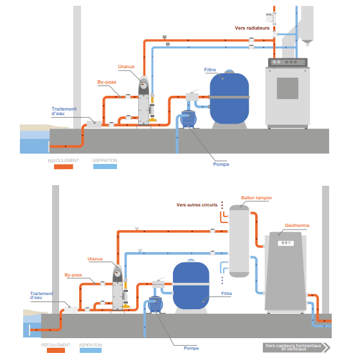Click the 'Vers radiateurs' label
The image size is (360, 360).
tap(252, 28)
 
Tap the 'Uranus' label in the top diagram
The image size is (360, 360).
tap(126, 67)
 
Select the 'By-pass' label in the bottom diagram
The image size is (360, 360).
tap(73, 275)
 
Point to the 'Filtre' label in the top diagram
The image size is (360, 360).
tap(210, 69)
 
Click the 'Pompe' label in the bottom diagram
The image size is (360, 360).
tap(192, 348)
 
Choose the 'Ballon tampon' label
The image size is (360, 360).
tap(256, 198)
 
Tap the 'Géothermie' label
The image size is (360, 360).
tap(297, 226)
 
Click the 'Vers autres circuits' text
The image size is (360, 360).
tap(197, 205)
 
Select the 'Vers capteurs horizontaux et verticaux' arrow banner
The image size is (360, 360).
tap(296, 347)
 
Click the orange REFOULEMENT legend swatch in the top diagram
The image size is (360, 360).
tap(64, 166)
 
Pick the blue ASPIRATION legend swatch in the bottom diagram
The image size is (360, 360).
tap(91, 350)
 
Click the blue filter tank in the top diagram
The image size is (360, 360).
tap(230, 98)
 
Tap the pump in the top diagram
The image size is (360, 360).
tap(188, 118)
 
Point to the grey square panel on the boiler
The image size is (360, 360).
tap(287, 89)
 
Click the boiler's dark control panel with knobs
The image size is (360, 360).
tap(288, 62)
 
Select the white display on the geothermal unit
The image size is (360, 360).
tap(286, 243)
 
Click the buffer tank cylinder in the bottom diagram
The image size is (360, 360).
tap(239, 241)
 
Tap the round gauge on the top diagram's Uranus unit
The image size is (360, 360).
tap(143, 85)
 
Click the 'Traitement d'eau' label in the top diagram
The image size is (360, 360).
tap(64, 111)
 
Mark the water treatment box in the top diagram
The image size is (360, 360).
tap(94, 124)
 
